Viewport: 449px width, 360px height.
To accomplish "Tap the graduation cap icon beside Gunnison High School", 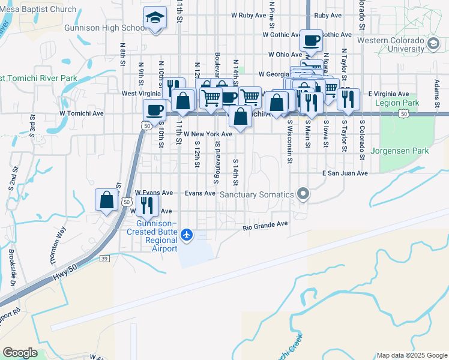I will click(155, 19).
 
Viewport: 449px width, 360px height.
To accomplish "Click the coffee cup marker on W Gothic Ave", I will click(311, 41).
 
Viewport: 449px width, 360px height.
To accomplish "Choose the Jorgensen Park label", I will click(400, 151).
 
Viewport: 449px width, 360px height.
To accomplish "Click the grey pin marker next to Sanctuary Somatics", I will click(303, 194).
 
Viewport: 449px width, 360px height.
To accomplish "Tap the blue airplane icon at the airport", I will click(187, 234).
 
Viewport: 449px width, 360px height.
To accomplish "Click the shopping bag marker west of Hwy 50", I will click(106, 200).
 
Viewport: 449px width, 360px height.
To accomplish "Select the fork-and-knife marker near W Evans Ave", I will click(147, 205).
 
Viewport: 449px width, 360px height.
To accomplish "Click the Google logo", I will click(20, 352).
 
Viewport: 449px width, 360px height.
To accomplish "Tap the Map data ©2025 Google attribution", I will click(411, 355).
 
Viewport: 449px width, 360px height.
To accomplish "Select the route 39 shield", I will click(104, 259).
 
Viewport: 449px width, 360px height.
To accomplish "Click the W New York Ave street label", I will click(208, 134).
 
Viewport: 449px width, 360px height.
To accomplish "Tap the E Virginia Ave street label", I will click(388, 94).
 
